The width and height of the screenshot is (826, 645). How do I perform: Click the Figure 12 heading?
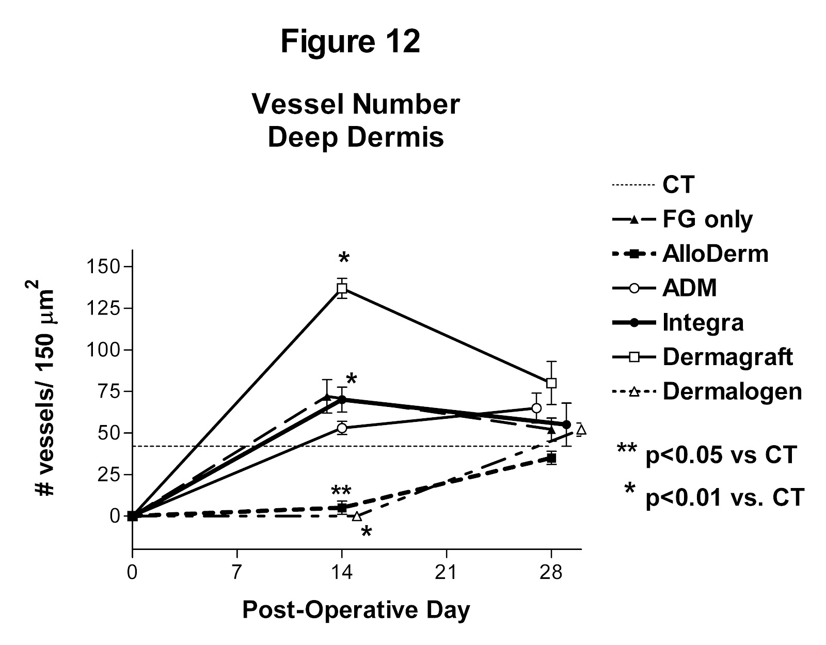pos(351,42)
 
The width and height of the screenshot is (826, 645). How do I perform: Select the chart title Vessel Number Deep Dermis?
pos(356,121)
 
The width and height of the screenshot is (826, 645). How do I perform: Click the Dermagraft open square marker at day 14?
pos(342,288)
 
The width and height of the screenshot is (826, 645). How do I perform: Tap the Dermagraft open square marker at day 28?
pos(551,383)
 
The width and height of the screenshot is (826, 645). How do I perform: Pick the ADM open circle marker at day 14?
pos(342,428)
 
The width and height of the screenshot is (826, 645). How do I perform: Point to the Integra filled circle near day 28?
pos(566,424)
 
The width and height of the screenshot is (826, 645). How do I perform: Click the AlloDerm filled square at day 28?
pos(551,458)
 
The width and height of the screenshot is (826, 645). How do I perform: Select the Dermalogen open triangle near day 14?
pos(357,516)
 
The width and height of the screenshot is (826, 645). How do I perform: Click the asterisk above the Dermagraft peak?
pos(344,258)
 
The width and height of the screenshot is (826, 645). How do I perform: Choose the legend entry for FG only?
pos(707,219)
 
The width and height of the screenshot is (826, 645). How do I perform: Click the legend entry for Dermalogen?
pos(732,391)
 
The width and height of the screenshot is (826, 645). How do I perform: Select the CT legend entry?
pos(678,184)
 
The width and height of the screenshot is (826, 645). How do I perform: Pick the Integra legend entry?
pos(703,323)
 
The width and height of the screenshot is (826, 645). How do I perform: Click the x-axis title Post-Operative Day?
pos(356,610)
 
